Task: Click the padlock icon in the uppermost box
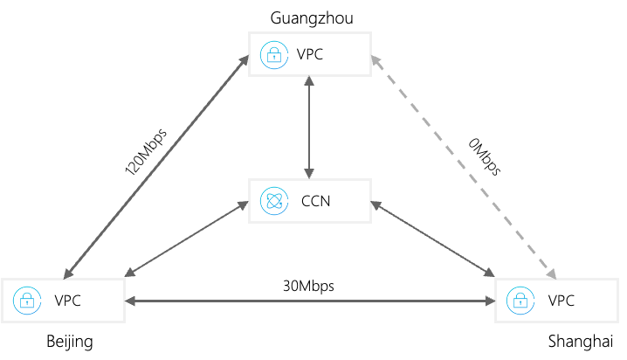point(274,55)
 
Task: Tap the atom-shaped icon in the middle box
point(274,201)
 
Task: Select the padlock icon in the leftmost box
point(27,301)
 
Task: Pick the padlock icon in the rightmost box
point(520,301)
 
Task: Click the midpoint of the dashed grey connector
point(463,167)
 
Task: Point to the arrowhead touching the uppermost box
point(375,59)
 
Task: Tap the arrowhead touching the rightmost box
point(551,274)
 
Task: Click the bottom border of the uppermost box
point(310,75)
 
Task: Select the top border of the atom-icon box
point(310,180)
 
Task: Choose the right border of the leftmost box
point(124,301)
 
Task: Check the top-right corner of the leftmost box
point(124,280)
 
